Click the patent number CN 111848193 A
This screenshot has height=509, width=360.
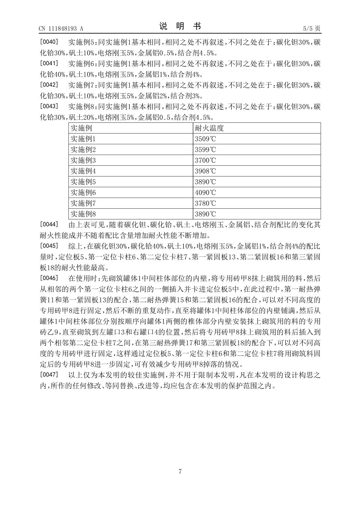pos(61,28)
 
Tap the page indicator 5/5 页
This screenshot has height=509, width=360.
pos(312,28)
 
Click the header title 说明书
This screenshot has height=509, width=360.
pos(180,26)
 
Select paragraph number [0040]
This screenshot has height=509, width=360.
pos(49,41)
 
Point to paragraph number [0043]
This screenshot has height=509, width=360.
pos(49,106)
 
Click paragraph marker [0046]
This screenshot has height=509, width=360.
pos(49,278)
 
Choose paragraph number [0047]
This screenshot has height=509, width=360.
pos(49,375)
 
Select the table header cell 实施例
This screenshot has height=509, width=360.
pos(81,128)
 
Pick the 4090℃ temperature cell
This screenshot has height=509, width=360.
pos(205,192)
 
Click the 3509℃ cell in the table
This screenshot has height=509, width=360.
pos(205,139)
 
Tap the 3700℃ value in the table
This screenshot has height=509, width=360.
pos(205,160)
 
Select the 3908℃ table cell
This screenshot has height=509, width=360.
pos(205,171)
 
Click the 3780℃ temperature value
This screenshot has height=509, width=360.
pos(205,203)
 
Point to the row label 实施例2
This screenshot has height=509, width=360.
pos(83,149)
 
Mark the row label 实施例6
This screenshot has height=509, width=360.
pos(83,192)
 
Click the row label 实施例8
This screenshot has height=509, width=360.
pos(83,214)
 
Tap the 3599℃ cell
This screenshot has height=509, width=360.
pos(205,149)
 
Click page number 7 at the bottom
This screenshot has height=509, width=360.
pos(180,472)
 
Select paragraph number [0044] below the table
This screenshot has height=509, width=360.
pos(49,224)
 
